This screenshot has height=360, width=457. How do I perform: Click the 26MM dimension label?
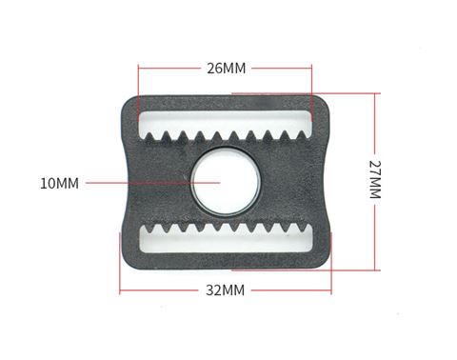coord(227,69)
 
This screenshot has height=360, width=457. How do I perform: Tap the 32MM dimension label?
coord(226,290)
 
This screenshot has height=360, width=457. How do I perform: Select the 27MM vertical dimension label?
coord(375,179)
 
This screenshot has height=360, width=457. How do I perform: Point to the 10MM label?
coord(59,184)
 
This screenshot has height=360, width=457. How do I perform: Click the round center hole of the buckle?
coord(226,182)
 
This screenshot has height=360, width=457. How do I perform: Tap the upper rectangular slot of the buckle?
coord(226,122)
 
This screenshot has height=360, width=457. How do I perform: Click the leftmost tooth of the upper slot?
coord(149,136)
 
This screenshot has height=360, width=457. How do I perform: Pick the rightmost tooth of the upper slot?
coord(302,135)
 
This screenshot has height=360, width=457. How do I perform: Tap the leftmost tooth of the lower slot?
coord(149,228)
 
